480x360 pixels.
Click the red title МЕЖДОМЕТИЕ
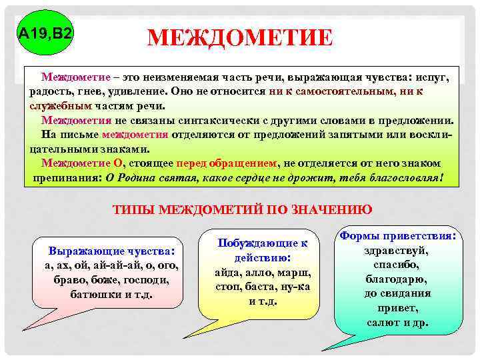point(239,38)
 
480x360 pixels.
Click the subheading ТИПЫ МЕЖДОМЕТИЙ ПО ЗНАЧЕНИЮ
point(242,209)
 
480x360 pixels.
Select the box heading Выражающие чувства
point(111,251)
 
